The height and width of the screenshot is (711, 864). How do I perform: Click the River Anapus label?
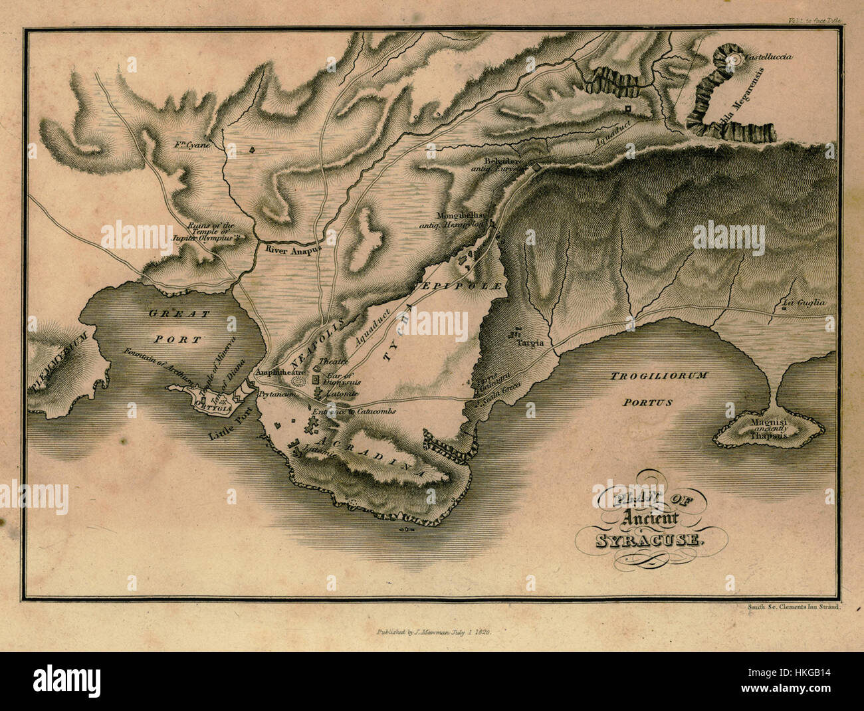pos(293,251)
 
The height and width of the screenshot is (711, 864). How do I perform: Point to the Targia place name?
pos(532,343)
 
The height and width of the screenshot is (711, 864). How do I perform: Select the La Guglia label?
pos(804,303)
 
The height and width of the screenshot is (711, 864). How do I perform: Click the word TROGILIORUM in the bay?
pos(659,376)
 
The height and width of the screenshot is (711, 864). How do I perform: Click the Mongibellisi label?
pos(463,215)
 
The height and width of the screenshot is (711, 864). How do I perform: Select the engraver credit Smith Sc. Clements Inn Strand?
pos(790,607)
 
